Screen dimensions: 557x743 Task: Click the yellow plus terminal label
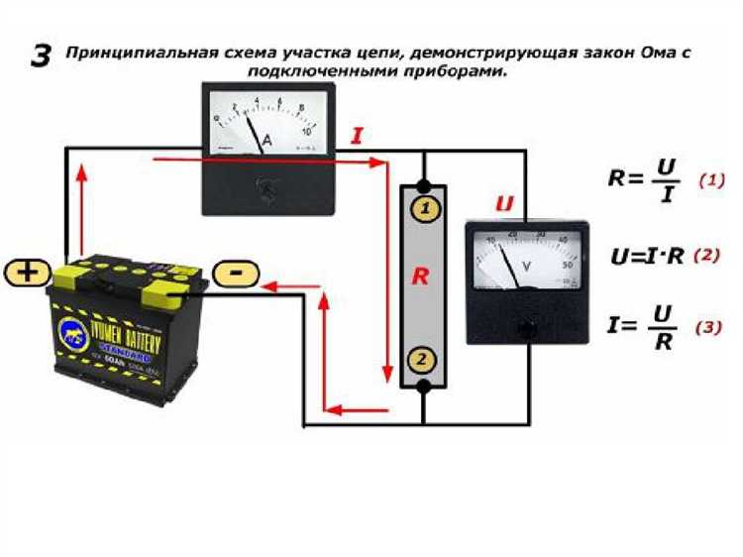pos(30,273)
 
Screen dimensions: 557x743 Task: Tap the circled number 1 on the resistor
pos(423,209)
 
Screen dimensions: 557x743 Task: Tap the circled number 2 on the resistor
pos(423,360)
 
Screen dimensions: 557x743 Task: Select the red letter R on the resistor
pos(421,278)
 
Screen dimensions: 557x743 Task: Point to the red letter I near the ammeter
pos(357,136)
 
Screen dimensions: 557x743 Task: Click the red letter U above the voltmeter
pos(504,204)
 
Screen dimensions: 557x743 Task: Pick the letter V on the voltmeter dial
pos(527,265)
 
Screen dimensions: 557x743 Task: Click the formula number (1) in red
pos(711,181)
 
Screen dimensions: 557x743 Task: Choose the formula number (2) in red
pos(706,255)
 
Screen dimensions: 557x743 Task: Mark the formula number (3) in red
pos(708,328)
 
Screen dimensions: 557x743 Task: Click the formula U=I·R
pos(648,256)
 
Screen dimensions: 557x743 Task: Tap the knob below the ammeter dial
pos(265,187)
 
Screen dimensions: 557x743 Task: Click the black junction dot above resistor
pos(423,186)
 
